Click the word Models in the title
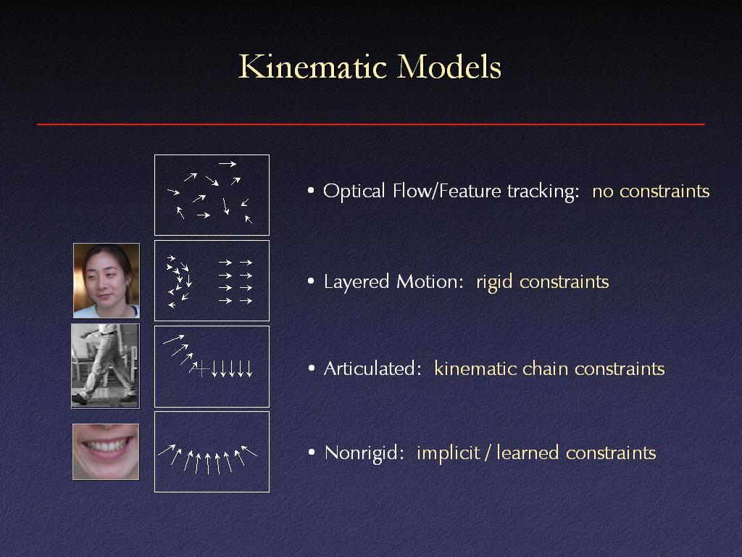tap(449, 67)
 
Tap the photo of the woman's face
tap(107, 281)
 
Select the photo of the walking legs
tap(105, 366)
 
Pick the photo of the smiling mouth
tap(106, 451)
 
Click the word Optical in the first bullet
tap(354, 191)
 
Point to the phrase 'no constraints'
tap(651, 191)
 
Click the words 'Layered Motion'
tap(393, 282)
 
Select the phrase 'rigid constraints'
tap(542, 282)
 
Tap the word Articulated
tap(372, 368)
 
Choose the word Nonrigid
tap(364, 453)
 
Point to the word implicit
tap(448, 453)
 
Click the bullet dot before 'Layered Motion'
tap(311, 281)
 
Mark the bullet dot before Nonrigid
tap(312, 453)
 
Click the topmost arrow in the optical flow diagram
tap(227, 164)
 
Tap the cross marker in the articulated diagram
tap(202, 368)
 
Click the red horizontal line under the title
tap(371, 125)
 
